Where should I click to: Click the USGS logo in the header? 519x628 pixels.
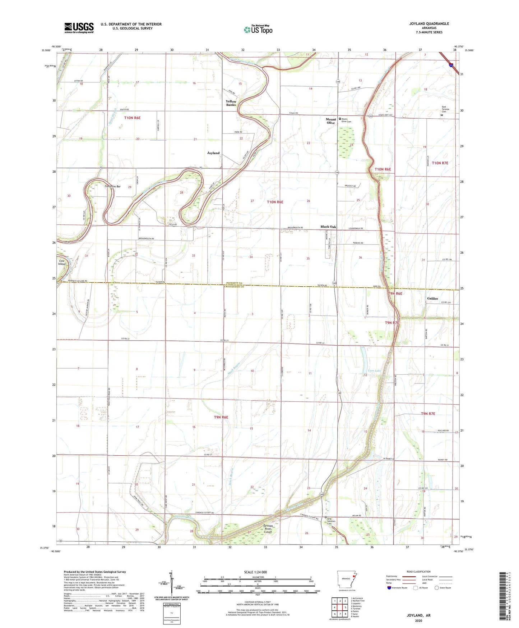coord(79,28)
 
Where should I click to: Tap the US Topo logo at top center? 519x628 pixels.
coord(258,29)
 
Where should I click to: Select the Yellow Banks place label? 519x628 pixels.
coord(231,103)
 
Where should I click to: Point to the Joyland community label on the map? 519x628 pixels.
coord(213,153)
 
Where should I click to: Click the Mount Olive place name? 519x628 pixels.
coord(331,121)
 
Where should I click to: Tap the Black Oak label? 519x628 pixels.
coord(328,227)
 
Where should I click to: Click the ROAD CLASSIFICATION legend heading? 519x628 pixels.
coord(418,572)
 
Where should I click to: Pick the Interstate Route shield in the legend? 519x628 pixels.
coord(390,588)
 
